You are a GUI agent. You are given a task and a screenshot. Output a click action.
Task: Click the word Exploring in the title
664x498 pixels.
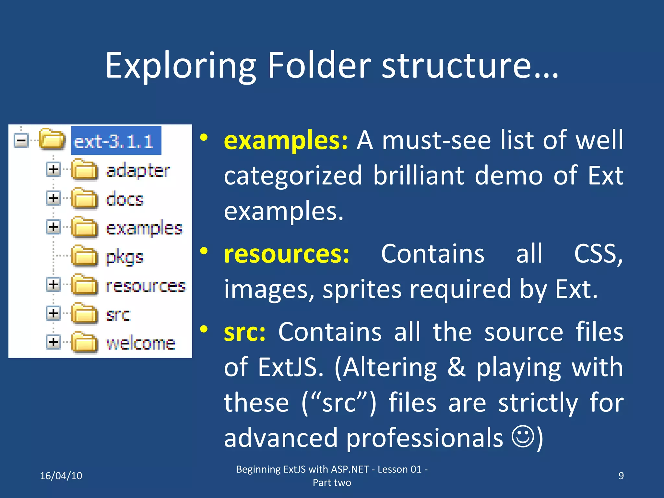click(180, 66)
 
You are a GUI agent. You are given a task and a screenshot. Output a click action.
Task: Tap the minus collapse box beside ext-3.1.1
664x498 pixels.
click(21, 141)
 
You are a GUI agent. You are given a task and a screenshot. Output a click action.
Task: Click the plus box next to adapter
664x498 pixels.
click(53, 169)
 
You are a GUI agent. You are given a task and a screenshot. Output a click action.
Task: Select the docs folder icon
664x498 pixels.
click(84, 198)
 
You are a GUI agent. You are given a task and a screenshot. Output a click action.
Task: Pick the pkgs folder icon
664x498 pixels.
click(84, 256)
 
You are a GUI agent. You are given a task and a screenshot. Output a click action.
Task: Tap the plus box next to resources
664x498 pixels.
click(53, 284)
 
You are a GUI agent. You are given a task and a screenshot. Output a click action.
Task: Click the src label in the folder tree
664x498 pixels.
click(118, 314)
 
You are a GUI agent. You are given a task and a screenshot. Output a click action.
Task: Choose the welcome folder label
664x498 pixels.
click(141, 343)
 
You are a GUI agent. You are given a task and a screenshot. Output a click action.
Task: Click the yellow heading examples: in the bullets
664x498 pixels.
click(286, 140)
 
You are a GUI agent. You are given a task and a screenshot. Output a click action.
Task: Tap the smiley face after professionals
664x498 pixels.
click(523, 436)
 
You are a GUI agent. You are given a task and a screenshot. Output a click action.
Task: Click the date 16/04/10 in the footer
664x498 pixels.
click(61, 476)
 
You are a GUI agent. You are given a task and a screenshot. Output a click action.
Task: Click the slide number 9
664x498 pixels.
click(621, 476)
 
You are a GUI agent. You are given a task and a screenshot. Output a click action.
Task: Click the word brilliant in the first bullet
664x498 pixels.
click(419, 175)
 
